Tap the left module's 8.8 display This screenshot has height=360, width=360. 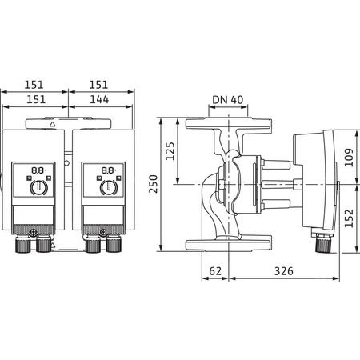(37, 170)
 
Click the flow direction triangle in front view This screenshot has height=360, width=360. (53, 125)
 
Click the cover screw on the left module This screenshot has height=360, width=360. (34, 234)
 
